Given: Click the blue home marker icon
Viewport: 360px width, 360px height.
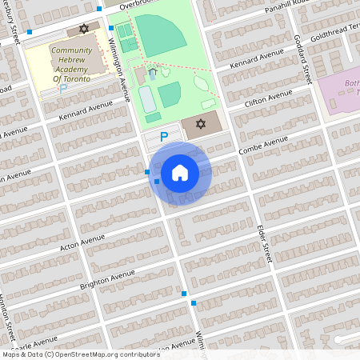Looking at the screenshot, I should click(180, 172).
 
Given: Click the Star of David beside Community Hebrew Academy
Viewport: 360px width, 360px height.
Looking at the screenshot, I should click(83, 30).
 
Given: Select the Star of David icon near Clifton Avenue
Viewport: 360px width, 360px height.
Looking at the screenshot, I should click(201, 125).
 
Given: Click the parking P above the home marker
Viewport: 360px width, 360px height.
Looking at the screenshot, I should click(164, 137).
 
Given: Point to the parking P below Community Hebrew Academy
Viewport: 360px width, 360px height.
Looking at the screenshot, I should click(63, 88).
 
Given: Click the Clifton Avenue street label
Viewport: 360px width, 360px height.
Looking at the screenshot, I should click(268, 99).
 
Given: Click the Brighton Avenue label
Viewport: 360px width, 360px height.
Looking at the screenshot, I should click(106, 279).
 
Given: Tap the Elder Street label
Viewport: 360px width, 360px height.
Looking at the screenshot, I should click(265, 244).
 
